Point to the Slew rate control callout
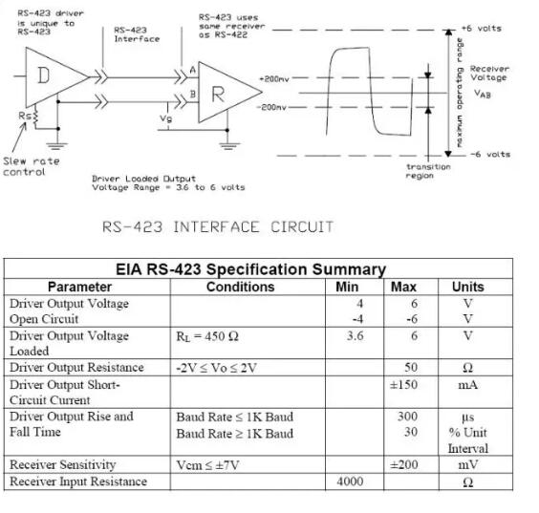[x=31, y=166]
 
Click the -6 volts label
[x=491, y=154]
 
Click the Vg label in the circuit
[x=166, y=118]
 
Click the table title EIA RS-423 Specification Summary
[x=250, y=269]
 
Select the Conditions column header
[x=240, y=287]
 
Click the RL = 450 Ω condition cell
[x=207, y=336]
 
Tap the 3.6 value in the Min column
[x=357, y=336]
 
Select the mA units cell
[x=467, y=384]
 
